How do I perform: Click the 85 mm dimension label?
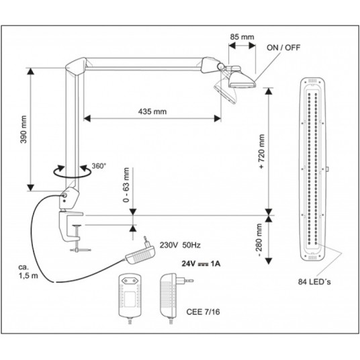[x=242, y=37]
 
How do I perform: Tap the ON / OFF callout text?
[x=283, y=48]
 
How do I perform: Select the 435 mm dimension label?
[x=152, y=111]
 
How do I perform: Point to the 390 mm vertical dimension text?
[x=24, y=130]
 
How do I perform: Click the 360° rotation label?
[x=99, y=166]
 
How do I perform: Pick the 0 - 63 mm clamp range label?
[x=126, y=185]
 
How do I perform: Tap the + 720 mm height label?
[x=261, y=152]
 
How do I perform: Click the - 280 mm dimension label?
[x=259, y=240]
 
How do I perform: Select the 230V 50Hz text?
[x=180, y=245]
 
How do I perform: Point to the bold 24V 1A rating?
[x=201, y=263]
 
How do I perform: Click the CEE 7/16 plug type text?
[x=203, y=312]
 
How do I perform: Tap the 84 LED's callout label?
[x=314, y=281]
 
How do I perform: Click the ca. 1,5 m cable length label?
[x=28, y=271]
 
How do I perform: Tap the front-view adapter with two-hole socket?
[x=130, y=298]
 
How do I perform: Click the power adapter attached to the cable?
[x=140, y=252]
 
